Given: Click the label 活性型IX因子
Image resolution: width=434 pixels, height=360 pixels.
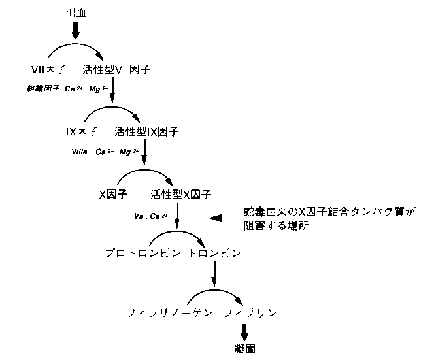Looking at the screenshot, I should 146,132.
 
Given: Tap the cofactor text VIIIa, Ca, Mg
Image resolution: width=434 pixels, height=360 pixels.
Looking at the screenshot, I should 106,151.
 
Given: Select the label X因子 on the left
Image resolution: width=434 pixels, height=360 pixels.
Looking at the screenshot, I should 113,194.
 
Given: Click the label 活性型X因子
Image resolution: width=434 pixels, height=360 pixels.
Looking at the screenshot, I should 180,194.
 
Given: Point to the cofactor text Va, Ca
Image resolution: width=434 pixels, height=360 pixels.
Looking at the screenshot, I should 151,216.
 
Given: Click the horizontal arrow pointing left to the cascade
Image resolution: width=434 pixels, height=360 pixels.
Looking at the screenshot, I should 222,218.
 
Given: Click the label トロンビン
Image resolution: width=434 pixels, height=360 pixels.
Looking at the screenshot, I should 216,253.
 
